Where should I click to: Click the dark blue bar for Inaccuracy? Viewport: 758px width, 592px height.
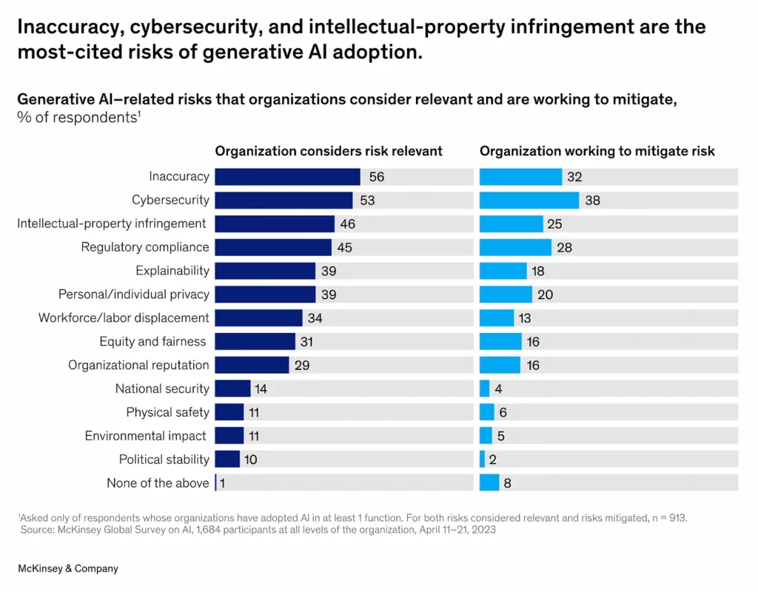(287, 177)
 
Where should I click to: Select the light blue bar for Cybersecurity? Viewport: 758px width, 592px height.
(529, 201)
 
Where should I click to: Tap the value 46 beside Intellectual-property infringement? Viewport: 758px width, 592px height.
(347, 224)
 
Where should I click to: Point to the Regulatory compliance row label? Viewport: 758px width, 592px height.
(145, 247)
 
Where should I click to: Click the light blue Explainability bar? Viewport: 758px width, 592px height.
(503, 271)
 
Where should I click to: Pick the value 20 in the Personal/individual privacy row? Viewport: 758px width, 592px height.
(545, 295)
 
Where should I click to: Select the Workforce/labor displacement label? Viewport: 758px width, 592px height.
(124, 318)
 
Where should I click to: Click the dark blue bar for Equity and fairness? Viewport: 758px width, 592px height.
(255, 341)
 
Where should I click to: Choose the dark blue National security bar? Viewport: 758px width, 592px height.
(232, 388)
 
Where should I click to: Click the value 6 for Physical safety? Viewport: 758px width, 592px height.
(503, 412)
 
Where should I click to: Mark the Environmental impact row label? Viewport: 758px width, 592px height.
(146, 436)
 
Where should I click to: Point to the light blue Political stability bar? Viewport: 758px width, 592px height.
(483, 460)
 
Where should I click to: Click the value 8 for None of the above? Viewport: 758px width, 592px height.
(508, 483)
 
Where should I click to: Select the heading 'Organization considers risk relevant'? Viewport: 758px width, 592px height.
(329, 151)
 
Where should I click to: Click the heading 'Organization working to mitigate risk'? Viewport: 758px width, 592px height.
(597, 151)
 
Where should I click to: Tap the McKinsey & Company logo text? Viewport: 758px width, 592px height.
(67, 568)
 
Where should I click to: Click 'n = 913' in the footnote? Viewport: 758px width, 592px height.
(668, 518)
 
